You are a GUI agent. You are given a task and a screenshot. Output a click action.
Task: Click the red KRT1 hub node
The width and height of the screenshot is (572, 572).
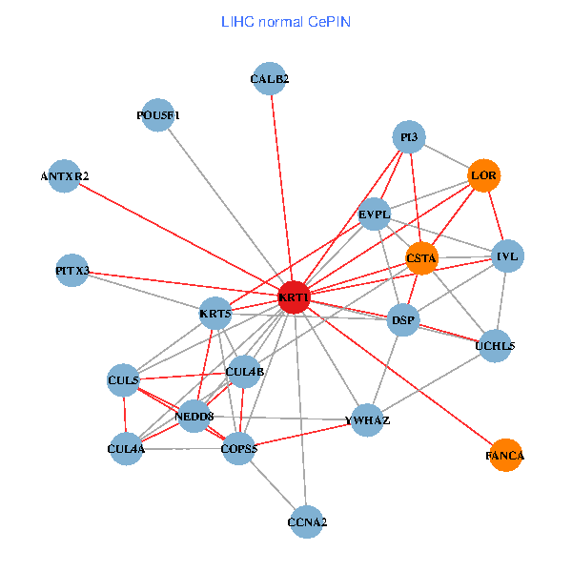(x=294, y=297)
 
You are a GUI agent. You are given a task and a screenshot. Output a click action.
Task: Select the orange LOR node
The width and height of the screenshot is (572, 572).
(x=484, y=176)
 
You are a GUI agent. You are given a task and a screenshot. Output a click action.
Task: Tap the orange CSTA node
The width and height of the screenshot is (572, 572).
(x=421, y=257)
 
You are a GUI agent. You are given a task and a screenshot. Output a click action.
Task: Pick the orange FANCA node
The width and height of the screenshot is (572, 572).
(x=504, y=456)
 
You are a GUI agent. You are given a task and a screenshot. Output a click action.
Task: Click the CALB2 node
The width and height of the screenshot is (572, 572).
(x=270, y=79)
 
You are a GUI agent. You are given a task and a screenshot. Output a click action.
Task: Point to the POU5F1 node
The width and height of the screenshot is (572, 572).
(x=158, y=115)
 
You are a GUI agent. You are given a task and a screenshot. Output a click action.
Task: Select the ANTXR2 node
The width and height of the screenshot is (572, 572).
(x=65, y=176)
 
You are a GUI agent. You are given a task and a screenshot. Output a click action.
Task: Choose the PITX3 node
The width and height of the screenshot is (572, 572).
(x=72, y=271)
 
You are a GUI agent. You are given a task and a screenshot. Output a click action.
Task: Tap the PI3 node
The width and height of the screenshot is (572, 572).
(x=409, y=137)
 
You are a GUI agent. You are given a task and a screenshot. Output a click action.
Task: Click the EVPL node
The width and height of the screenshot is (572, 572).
(x=375, y=215)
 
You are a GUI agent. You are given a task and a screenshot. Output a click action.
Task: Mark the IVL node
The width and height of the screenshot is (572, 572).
(x=506, y=256)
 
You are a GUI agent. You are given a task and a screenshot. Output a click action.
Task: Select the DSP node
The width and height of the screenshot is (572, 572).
(x=404, y=320)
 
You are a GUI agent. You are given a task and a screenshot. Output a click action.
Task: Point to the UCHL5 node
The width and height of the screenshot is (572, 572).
(x=495, y=346)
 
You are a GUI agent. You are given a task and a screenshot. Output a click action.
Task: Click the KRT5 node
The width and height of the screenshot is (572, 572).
(x=215, y=312)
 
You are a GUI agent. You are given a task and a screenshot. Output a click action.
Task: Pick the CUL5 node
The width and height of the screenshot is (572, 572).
(x=125, y=380)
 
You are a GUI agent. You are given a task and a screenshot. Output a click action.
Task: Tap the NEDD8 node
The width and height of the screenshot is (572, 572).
(x=194, y=416)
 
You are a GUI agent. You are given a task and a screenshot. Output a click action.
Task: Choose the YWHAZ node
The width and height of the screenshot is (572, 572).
(x=367, y=419)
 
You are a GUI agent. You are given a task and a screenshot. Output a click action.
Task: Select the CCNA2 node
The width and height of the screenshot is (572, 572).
(x=307, y=521)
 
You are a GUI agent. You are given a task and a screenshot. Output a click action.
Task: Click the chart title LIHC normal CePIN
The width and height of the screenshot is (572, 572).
(x=285, y=21)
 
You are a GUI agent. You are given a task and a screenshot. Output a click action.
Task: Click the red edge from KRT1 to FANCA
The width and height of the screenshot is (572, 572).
(x=400, y=378)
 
